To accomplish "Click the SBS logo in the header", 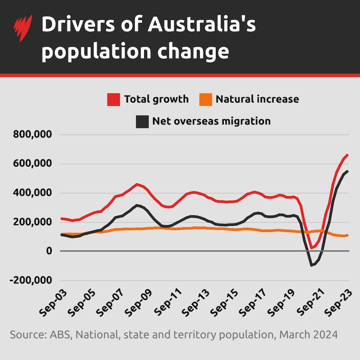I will (x=22, y=28).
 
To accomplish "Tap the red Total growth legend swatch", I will (x=114, y=99).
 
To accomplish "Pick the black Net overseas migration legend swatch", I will (x=142, y=121).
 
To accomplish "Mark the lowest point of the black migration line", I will (x=312, y=265).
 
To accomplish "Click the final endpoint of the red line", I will (x=348, y=154).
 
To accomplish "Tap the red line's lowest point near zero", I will (x=312, y=248).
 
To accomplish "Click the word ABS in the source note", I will (x=60, y=334).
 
